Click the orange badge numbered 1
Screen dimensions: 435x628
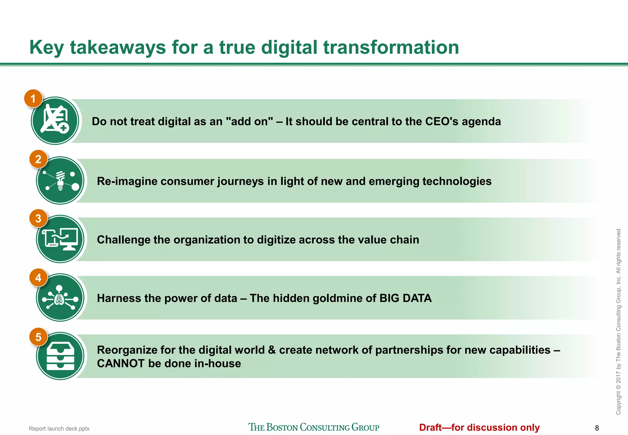coord(33,98)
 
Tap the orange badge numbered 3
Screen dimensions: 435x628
coord(38,218)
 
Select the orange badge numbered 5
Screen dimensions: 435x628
coord(38,337)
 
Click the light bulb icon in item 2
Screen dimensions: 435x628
coord(60,180)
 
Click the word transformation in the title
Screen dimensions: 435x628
coord(391,48)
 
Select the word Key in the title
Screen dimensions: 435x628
coord(46,48)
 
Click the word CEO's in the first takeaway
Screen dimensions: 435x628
coord(442,121)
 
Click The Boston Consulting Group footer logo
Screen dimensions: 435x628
coord(314,427)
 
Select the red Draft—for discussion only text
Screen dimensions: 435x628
coord(479,427)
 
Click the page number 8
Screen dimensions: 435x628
coord(597,428)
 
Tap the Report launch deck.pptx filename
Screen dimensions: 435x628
coord(59,429)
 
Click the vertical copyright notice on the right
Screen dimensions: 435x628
coord(618,321)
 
